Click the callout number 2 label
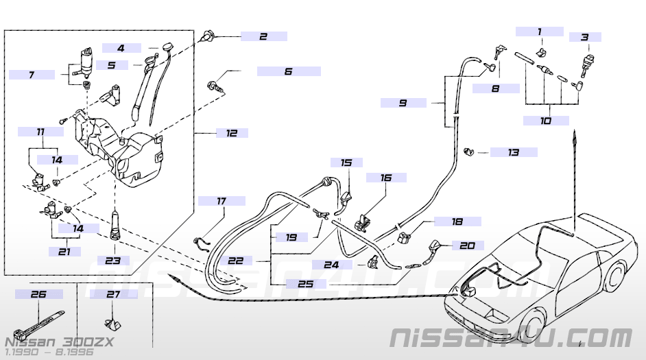click(263, 36)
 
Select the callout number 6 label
click(288, 71)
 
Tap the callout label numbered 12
click(231, 133)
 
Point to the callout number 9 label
click(403, 103)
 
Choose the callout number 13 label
click(514, 152)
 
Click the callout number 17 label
click(221, 201)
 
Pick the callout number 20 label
click(467, 245)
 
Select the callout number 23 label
click(112, 261)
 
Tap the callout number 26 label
click(39, 294)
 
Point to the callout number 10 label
click(546, 121)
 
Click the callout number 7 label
click(32, 75)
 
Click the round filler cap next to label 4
click(167, 47)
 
